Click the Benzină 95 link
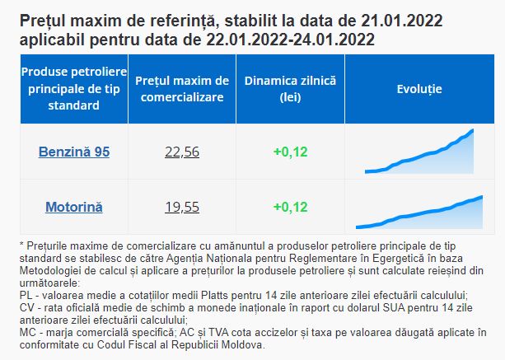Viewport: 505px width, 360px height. [74, 152]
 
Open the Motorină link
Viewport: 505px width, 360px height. [74, 207]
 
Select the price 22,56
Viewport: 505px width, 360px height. [182, 152]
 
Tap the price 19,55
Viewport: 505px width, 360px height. [182, 207]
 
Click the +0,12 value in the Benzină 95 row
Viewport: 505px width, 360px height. [291, 152]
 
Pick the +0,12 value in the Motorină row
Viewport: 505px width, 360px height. [291, 207]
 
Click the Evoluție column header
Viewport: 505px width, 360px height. [419, 89]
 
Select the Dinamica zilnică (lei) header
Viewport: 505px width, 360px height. [290, 89]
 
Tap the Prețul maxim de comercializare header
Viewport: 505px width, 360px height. [182, 89]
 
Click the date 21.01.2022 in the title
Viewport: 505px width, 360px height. [402, 21]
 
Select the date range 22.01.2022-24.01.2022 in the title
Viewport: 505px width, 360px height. [290, 40]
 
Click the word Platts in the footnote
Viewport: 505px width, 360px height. [214, 295]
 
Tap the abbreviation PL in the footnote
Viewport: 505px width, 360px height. [26, 295]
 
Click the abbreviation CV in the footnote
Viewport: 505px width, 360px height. [26, 307]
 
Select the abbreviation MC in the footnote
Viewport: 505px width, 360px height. [27, 332]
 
